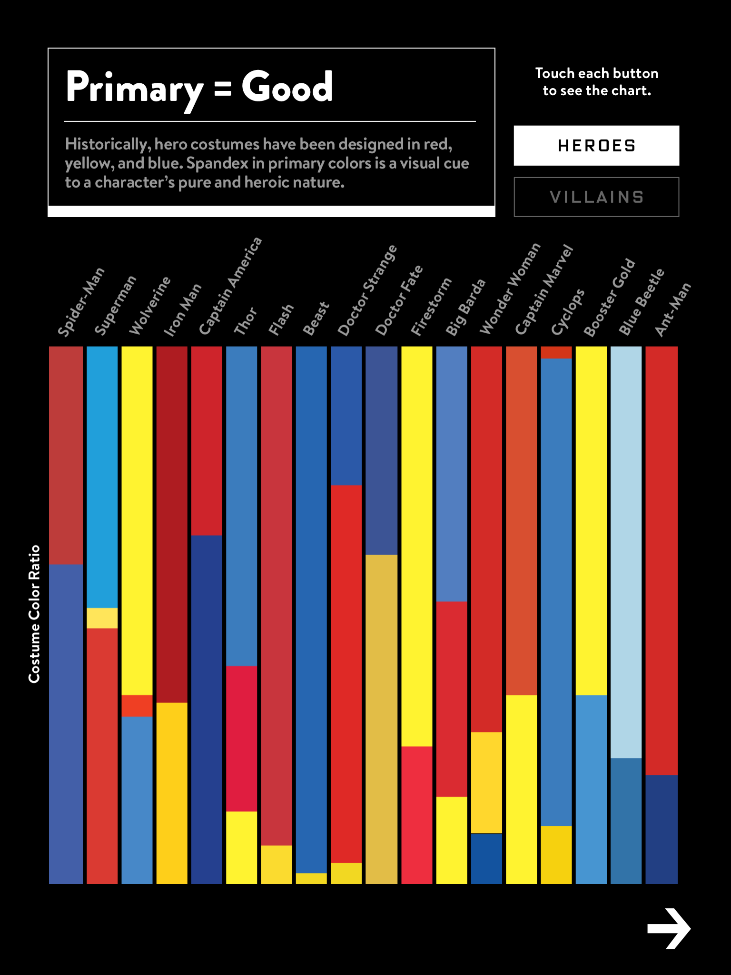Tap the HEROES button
(596, 146)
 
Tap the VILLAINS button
(596, 197)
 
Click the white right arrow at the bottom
(669, 928)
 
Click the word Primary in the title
(134, 88)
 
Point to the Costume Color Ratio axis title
(34, 614)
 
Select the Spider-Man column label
(81, 302)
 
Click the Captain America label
(230, 286)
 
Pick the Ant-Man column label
(672, 309)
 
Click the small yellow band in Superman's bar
(102, 618)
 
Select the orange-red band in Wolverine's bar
(137, 706)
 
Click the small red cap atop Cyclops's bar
(556, 352)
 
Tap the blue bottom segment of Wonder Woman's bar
(486, 859)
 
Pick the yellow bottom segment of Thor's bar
(241, 847)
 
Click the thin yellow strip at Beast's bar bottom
(311, 878)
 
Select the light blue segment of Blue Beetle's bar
(626, 552)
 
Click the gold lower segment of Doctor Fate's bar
(381, 719)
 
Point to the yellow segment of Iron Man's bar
(172, 793)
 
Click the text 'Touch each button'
(596, 73)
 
